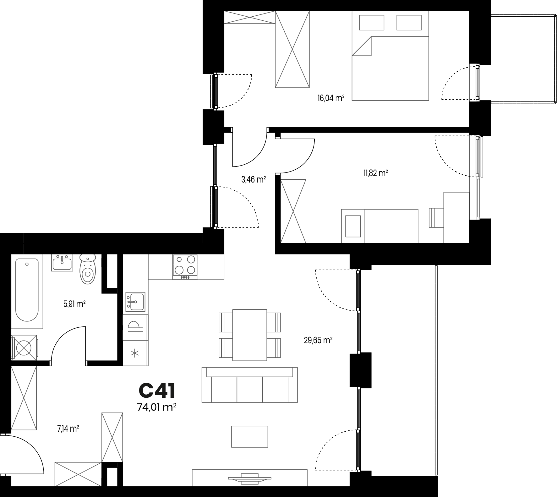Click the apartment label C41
point(157,391)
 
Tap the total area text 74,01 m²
point(157,407)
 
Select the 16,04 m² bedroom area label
point(331,98)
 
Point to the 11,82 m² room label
point(376,173)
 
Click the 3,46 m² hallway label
point(253,179)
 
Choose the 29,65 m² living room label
point(318,340)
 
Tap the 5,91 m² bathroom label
point(75,304)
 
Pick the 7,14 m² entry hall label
point(68,429)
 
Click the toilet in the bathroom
point(88,269)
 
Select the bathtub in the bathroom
point(27,290)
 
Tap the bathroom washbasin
point(62,263)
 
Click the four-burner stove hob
point(185,267)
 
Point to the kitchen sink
point(135,302)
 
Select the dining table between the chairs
point(250,335)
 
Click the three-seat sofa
point(250,385)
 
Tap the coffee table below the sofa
point(250,437)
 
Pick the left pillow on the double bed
point(372,22)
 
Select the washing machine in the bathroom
point(24,348)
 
